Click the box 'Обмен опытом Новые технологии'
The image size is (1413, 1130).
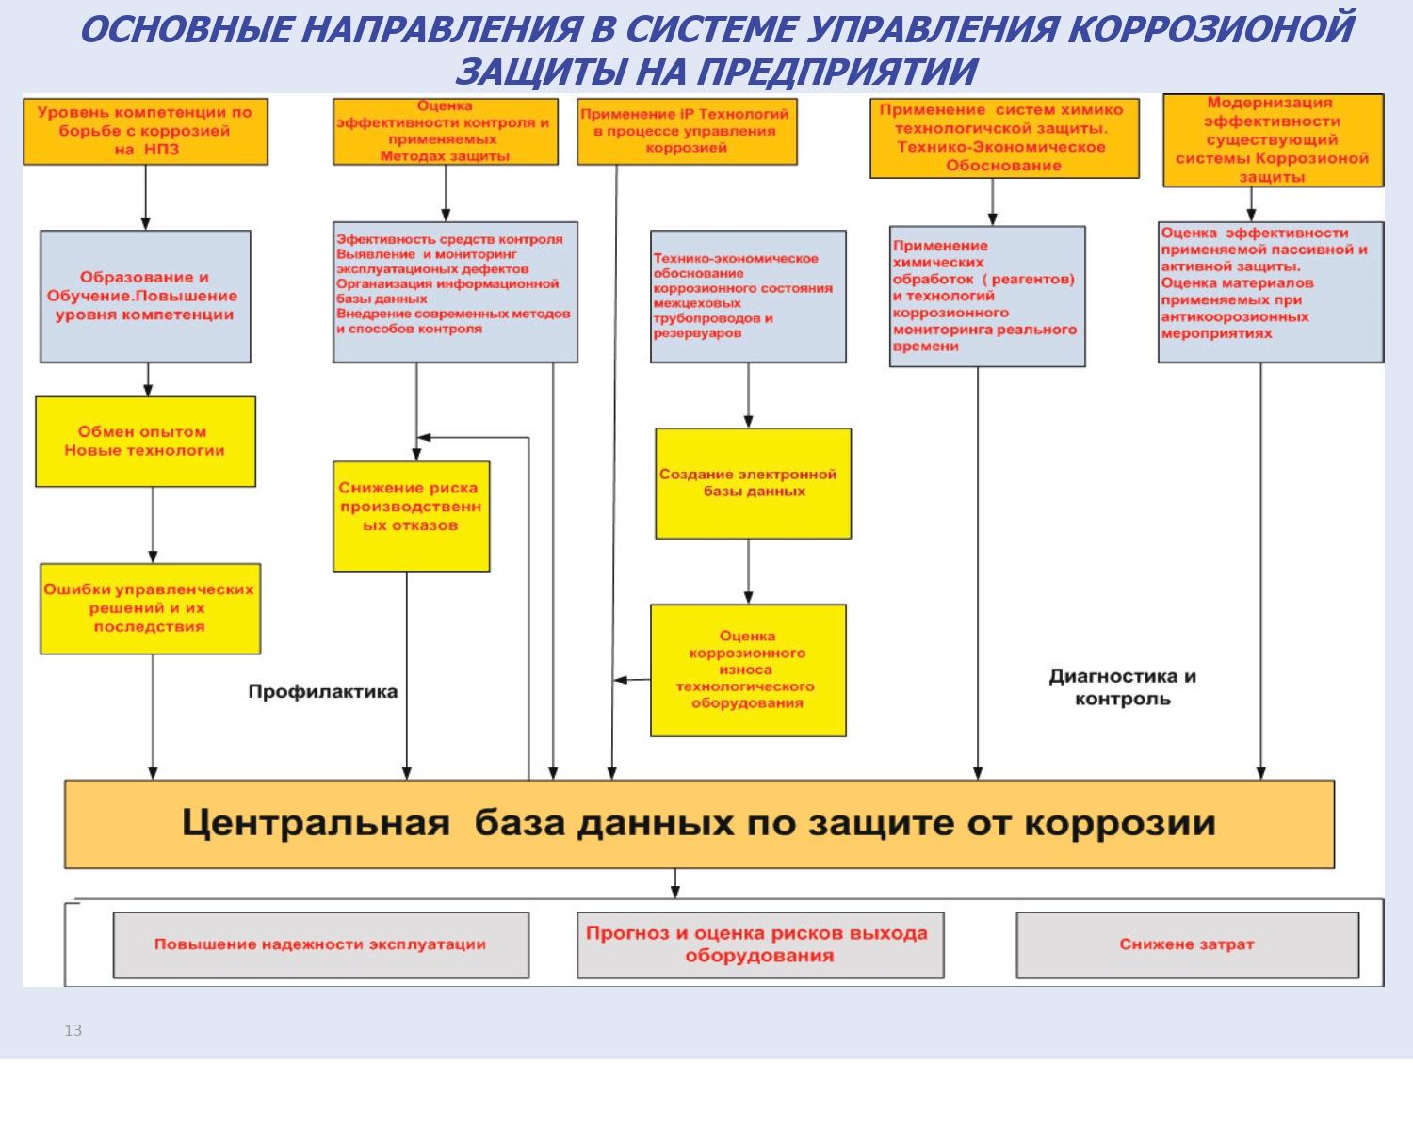coord(145,442)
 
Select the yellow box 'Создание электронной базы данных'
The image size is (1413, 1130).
coord(754,483)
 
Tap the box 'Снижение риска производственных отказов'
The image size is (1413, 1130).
coord(411,515)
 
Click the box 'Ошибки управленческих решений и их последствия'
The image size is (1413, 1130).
coord(150,608)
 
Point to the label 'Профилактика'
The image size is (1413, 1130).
coord(322,692)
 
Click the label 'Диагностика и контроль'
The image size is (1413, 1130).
coord(1122,687)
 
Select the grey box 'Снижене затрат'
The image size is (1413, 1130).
coord(1187,944)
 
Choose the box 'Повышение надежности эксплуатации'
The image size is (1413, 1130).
coord(320,944)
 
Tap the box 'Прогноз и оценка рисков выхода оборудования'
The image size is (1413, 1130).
coord(759,944)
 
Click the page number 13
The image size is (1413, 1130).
coord(73,1031)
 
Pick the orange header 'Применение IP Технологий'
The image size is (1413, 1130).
coord(686,131)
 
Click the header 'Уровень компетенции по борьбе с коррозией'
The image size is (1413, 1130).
coord(145,131)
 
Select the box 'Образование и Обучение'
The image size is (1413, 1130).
coord(145,296)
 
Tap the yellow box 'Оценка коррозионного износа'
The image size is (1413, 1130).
coord(748,670)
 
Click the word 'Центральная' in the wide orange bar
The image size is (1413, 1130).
coord(316,823)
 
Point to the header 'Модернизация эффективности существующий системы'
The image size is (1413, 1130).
coord(1273,139)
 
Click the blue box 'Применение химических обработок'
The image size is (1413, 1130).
coord(986,296)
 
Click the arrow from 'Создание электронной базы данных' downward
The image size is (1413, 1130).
coord(749,571)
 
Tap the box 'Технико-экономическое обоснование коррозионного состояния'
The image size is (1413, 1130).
coord(748,296)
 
